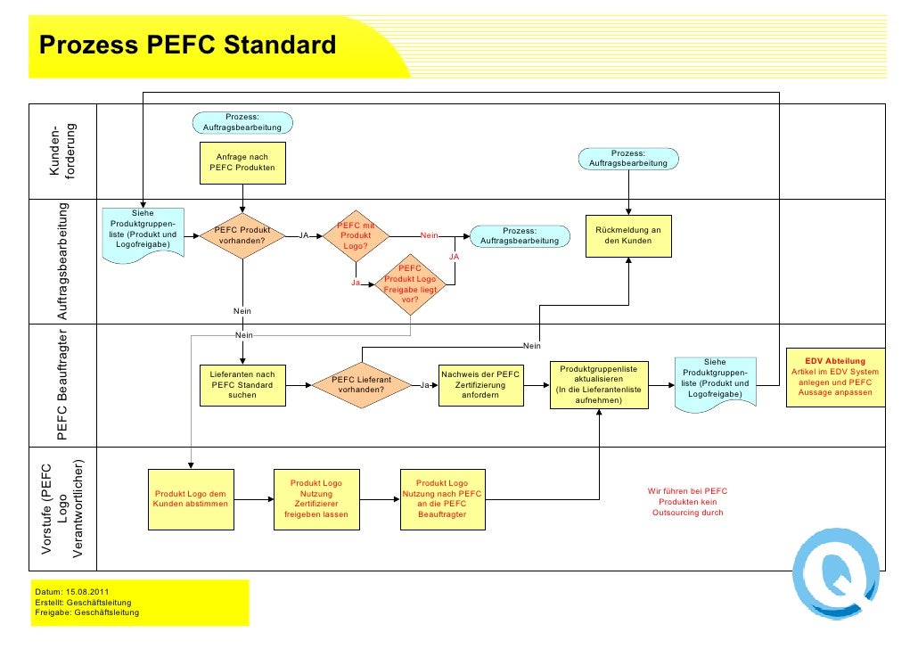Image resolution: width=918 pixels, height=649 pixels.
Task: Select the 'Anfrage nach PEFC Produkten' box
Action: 242,162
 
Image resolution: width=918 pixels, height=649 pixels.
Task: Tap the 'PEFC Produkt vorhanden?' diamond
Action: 243,235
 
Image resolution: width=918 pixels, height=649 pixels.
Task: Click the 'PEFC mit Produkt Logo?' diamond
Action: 356,235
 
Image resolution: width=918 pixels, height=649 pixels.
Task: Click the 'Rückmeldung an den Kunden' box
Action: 628,235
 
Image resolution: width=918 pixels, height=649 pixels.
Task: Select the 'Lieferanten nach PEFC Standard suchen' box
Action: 242,384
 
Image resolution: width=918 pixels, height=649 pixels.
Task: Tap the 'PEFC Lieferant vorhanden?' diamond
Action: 361,385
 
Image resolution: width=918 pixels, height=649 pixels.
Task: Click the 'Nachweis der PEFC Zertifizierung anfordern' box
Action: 480,384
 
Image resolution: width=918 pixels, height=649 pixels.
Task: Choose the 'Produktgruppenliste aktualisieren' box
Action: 598,384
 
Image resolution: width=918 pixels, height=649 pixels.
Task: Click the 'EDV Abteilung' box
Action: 835,377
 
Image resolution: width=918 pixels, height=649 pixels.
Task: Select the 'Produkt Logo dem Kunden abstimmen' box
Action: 191,498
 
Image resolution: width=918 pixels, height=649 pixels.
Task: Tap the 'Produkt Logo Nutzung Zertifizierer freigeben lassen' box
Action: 316,498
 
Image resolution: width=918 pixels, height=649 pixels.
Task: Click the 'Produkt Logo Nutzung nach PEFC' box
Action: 442,498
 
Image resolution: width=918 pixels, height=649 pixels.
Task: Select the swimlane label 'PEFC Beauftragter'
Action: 63,385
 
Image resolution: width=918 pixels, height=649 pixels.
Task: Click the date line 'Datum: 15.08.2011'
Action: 70,593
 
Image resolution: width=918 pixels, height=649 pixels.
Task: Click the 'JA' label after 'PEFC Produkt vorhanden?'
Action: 303,235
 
